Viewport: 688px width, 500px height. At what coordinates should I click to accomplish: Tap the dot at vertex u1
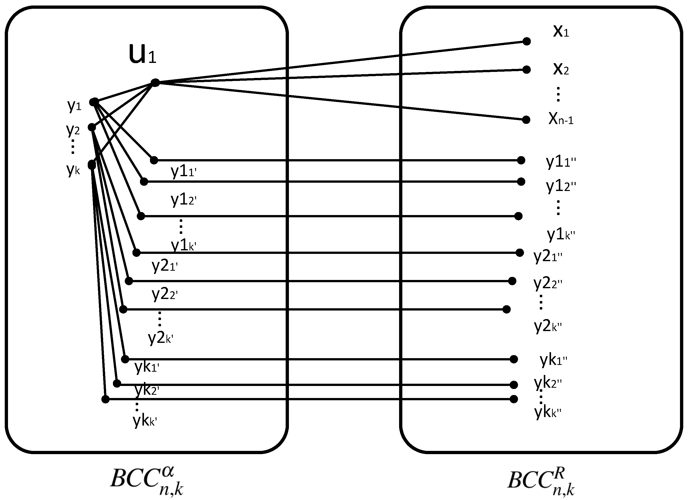tap(155, 82)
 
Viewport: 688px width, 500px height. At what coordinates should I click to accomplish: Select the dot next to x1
tap(527, 41)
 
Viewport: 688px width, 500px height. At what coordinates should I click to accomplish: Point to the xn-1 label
tap(561, 119)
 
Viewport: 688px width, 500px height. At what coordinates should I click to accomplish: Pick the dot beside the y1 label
tap(94, 102)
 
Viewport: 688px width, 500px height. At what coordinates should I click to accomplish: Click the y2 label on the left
tap(73, 130)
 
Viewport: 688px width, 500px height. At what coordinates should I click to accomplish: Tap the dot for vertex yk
tap(92, 165)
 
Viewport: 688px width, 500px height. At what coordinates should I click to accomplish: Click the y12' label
tap(184, 200)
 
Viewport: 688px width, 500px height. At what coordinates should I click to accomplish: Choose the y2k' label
tap(160, 338)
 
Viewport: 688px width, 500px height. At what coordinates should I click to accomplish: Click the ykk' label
tap(145, 421)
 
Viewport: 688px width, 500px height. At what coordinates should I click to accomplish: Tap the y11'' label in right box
tap(561, 162)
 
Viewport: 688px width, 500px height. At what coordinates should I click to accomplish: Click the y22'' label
tap(548, 283)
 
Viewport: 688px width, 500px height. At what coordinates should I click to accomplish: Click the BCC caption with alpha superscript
tap(147, 480)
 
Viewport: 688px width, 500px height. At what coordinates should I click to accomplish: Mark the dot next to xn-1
tap(526, 120)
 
